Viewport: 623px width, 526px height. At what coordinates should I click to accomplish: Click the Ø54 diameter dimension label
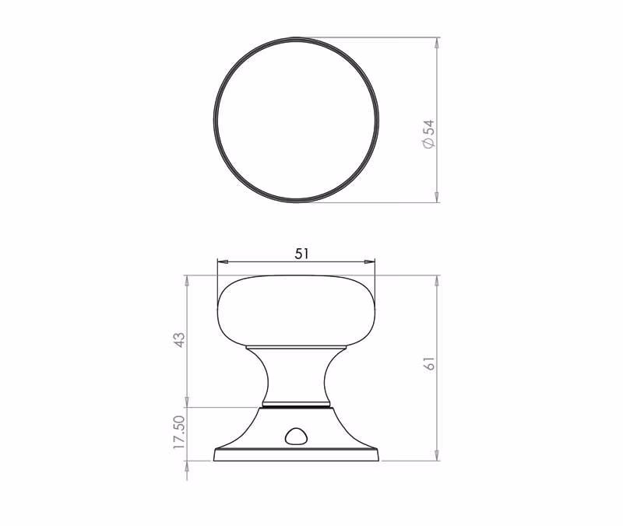coord(430,134)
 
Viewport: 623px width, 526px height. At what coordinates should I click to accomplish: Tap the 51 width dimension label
coord(301,254)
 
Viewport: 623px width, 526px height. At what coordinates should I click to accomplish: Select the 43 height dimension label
coord(180,340)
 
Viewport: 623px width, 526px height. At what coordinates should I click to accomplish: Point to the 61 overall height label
coord(430,363)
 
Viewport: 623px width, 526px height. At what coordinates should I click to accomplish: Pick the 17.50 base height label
coord(180,433)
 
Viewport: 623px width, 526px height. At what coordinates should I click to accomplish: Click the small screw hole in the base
coord(295,437)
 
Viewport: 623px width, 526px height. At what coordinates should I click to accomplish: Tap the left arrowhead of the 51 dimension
coord(223,261)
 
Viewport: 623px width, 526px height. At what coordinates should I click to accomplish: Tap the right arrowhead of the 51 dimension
coord(370,261)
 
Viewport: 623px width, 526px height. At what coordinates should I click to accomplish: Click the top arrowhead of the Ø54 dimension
coord(438,43)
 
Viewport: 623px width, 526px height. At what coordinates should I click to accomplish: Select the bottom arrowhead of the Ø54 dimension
coord(438,198)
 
